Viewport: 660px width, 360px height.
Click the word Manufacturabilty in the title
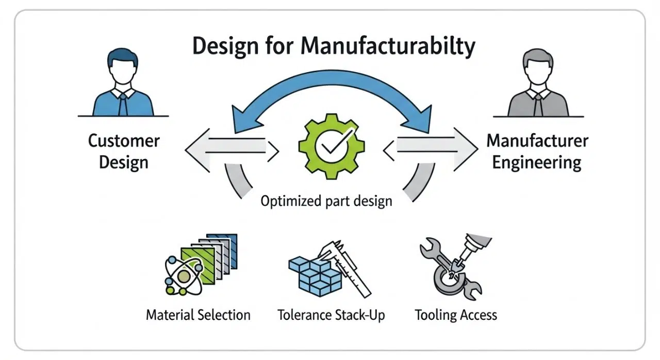click(x=387, y=46)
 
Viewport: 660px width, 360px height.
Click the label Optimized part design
click(x=326, y=201)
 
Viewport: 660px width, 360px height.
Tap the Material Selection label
click(x=198, y=315)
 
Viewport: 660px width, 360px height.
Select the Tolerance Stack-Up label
click(x=331, y=315)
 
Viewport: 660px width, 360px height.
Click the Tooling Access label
click(x=456, y=315)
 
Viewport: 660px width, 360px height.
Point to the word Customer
click(x=124, y=140)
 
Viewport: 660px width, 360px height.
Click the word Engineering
click(x=537, y=163)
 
